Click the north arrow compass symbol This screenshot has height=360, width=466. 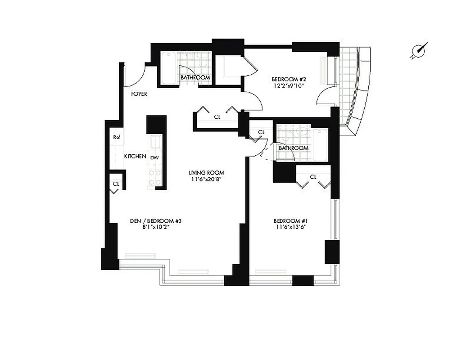[420, 51]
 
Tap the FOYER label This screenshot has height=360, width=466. [139, 94]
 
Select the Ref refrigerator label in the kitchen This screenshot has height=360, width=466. [116, 137]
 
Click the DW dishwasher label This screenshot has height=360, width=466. [154, 157]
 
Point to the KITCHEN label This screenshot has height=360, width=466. [135, 157]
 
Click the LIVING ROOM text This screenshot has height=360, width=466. [207, 173]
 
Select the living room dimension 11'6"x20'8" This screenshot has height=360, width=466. [207, 179]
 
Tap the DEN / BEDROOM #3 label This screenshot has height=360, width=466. [155, 221]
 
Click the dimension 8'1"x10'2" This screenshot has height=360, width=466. [155, 227]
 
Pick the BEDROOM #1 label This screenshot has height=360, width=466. [290, 221]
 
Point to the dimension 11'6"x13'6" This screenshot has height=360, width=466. [290, 227]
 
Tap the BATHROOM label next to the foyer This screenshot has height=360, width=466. [195, 77]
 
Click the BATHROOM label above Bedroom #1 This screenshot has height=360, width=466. [294, 148]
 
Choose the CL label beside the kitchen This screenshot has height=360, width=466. [116, 184]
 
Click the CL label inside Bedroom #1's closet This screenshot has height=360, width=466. [313, 177]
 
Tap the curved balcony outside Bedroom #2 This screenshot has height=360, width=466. [356, 90]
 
